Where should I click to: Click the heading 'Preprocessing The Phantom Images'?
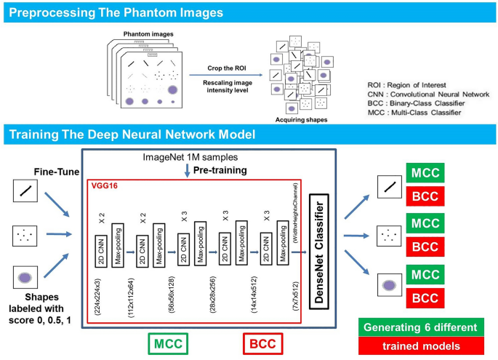pyautogui.click(x=116, y=13)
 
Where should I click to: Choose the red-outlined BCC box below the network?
pyautogui.click(x=262, y=342)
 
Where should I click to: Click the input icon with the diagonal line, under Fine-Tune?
pyautogui.click(x=25, y=192)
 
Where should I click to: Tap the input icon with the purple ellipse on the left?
pyautogui.click(x=25, y=276)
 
